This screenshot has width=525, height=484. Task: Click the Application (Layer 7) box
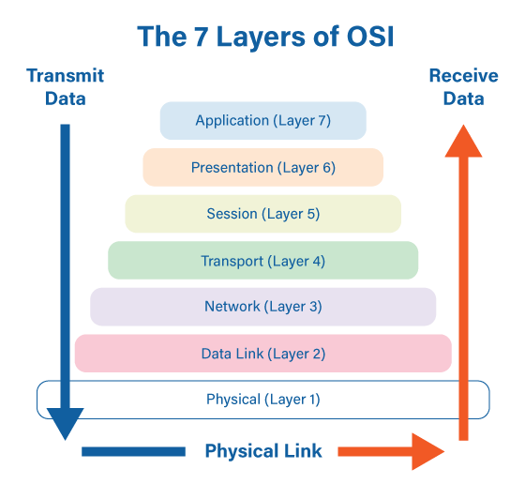(x=262, y=121)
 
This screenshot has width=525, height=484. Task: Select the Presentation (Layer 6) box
(x=262, y=168)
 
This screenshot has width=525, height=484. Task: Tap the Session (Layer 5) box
(x=262, y=214)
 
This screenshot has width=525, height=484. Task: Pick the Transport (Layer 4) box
(x=262, y=261)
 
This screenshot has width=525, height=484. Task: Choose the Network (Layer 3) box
(x=262, y=307)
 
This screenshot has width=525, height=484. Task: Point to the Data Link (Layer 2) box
(x=262, y=354)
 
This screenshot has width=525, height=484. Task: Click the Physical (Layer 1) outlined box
(x=262, y=400)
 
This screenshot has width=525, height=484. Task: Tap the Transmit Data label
(x=65, y=86)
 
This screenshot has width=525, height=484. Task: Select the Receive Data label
(x=457, y=86)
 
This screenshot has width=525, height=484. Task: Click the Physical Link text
(x=263, y=451)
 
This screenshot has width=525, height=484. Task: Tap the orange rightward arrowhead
(x=427, y=451)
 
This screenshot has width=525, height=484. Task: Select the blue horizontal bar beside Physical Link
(x=133, y=451)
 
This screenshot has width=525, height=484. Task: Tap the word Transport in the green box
(x=233, y=261)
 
